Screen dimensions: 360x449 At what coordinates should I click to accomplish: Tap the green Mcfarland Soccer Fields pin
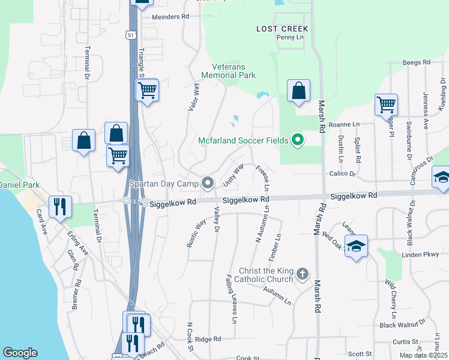(297, 141)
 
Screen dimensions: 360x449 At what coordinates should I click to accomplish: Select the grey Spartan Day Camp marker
(208, 182)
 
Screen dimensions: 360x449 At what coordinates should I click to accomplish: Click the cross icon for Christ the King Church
(303, 275)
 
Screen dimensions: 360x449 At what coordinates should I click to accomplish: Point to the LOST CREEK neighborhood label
(282, 29)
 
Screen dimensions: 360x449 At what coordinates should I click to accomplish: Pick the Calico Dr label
(342, 175)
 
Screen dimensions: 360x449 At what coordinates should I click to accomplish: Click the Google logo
(20, 353)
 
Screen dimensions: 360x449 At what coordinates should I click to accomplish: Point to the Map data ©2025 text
(423, 355)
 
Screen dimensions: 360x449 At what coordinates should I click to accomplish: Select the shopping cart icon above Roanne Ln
(386, 104)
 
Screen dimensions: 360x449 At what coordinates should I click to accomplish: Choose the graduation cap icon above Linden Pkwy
(356, 246)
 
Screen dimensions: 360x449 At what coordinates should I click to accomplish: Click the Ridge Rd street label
(208, 339)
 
